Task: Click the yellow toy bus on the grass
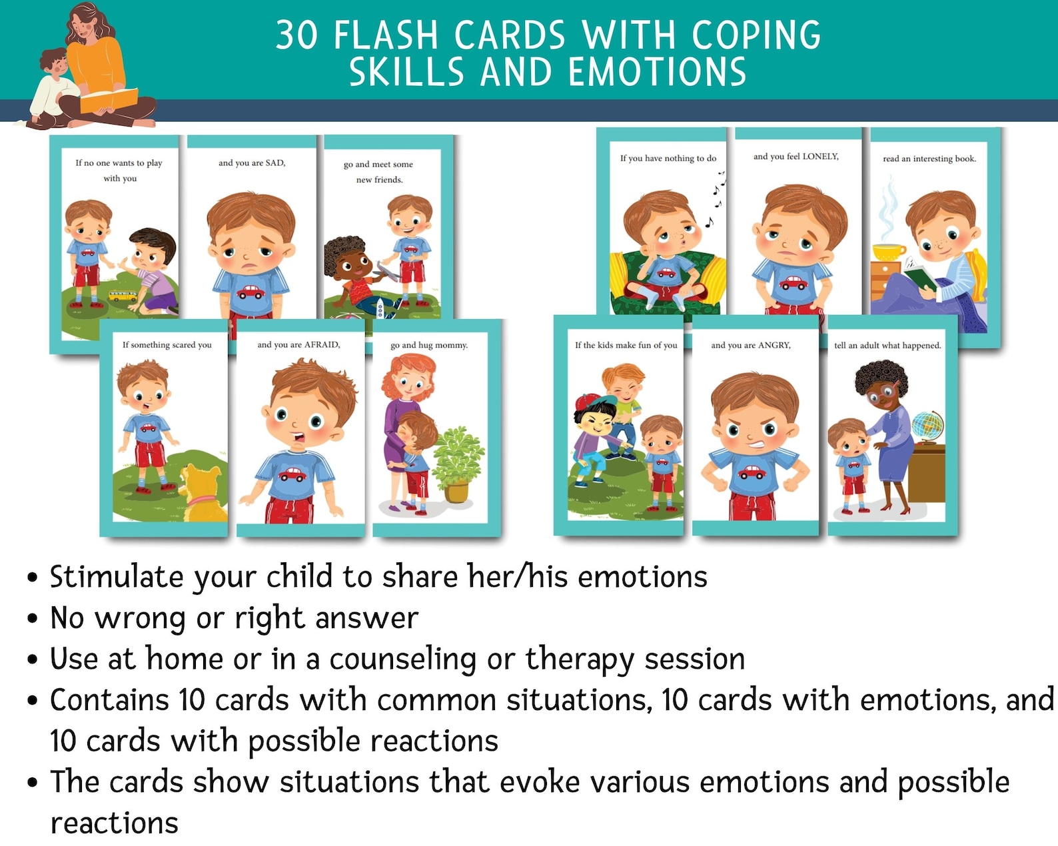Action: [123, 295]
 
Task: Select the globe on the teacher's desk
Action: [927, 426]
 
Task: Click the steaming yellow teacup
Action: [888, 252]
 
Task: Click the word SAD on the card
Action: [274, 163]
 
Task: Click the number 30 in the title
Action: [297, 35]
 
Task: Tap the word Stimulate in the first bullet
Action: [116, 577]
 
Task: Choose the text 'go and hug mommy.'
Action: [429, 345]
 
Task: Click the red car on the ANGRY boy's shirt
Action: [753, 472]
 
